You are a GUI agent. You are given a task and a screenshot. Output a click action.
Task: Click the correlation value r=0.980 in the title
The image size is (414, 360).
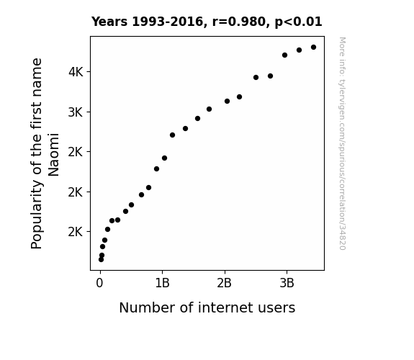[239, 22]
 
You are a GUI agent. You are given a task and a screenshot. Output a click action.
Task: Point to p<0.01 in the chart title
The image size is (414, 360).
[298, 22]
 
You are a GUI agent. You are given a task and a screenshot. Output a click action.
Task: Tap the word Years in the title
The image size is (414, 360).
[109, 22]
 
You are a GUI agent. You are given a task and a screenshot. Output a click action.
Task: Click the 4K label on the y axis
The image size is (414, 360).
[76, 72]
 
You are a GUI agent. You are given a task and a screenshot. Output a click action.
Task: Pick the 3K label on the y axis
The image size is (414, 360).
[76, 112]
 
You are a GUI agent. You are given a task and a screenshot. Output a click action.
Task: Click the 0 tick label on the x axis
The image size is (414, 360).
[99, 283]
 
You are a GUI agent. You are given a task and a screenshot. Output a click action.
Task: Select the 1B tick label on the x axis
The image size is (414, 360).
[162, 283]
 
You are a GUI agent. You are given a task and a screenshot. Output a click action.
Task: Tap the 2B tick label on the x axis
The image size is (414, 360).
[224, 283]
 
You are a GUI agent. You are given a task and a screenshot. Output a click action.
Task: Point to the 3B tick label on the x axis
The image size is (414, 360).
[287, 283]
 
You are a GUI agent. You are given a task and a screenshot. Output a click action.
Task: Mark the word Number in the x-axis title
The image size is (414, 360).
[148, 307]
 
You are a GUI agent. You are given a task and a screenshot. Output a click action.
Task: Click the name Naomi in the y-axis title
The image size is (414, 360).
[53, 155]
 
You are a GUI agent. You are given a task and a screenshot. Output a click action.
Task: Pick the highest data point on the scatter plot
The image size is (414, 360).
[313, 48]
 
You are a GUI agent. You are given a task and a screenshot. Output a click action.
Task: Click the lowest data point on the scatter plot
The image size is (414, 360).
[101, 260]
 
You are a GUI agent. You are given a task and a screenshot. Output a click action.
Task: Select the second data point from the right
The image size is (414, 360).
[299, 50]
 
